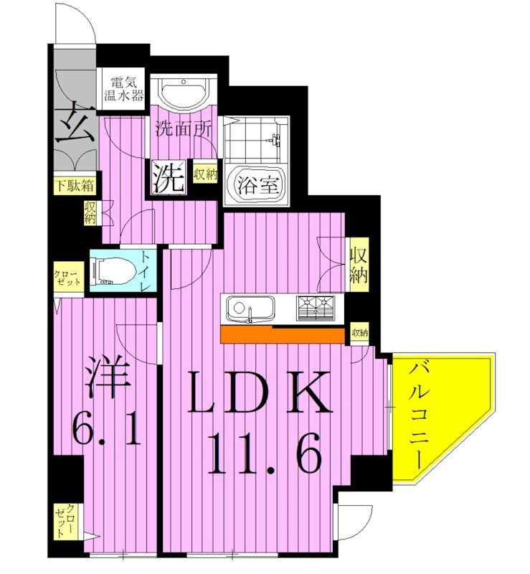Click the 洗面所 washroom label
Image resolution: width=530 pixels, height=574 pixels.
pyautogui.click(x=183, y=131)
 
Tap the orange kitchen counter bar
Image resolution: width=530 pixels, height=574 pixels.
pyautogui.click(x=283, y=335)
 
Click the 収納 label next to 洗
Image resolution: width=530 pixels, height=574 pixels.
pyautogui.click(x=205, y=174)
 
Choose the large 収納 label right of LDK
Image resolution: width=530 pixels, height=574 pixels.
pyautogui.click(x=359, y=265)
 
